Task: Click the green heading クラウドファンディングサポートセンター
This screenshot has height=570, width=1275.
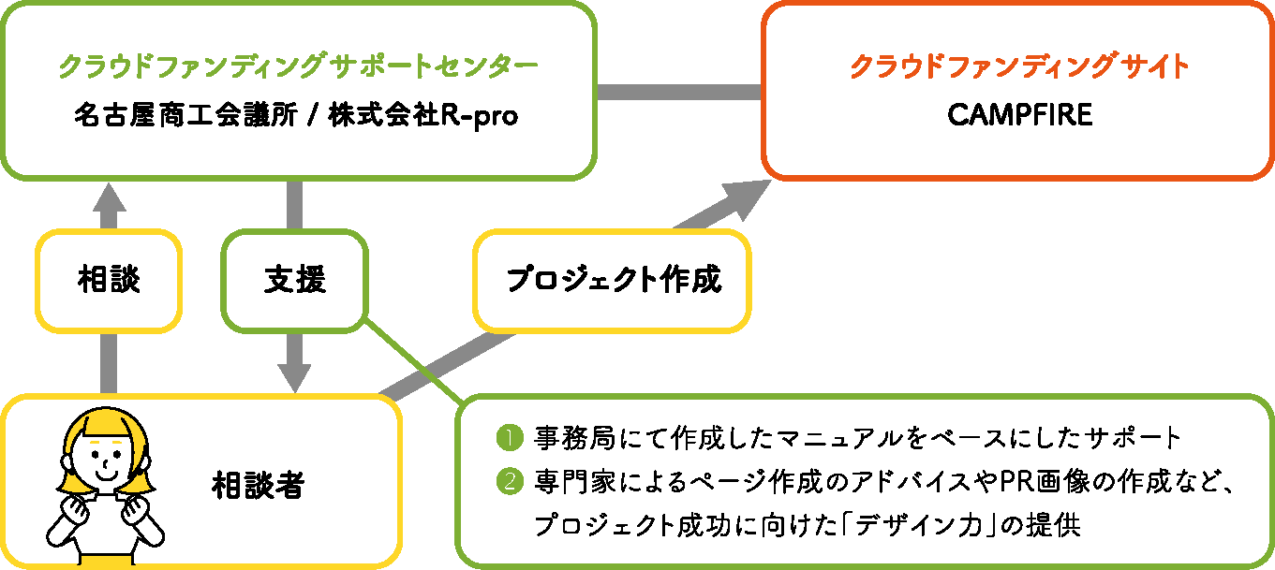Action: [x=298, y=66]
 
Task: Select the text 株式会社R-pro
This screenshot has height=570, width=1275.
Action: [x=423, y=117]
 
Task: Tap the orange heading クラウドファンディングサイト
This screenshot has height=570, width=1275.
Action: [x=1019, y=66]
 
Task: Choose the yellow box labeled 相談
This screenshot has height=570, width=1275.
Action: [x=109, y=281]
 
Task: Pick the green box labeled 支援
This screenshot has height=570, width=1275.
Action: [x=294, y=281]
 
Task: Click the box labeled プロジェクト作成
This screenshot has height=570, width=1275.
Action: [x=614, y=281]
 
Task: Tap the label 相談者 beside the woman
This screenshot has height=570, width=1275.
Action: [x=257, y=485]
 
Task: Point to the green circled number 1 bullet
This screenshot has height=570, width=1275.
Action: [x=508, y=437]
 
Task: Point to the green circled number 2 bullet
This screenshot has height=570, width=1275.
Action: [x=508, y=482]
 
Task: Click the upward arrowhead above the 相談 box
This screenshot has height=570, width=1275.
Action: [x=109, y=199]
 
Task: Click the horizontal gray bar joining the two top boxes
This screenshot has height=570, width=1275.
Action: [x=679, y=92]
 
